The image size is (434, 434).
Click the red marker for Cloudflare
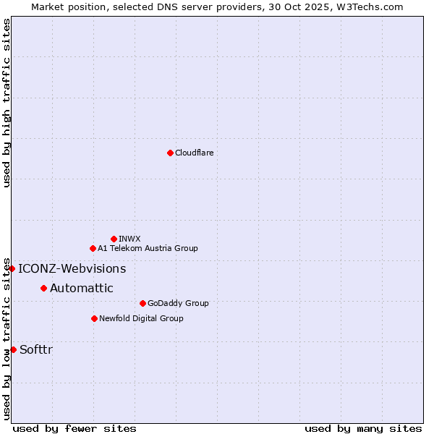tap(170, 153)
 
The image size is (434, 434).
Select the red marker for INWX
tap(114, 239)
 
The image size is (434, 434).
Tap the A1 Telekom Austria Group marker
tap(93, 248)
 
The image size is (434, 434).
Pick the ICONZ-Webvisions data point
tap(12, 268)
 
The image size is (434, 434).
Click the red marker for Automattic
tap(43, 288)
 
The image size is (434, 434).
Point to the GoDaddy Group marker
tap(142, 303)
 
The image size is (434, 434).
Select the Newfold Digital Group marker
tap(94, 318)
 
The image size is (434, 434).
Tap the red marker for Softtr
tap(13, 349)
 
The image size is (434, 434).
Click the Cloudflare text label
tap(194, 153)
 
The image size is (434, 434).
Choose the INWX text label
tap(129, 239)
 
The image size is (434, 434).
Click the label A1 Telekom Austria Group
tap(148, 248)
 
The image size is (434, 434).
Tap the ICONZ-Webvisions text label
tap(72, 269)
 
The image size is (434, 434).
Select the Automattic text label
tap(81, 289)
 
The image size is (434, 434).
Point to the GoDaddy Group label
tap(177, 303)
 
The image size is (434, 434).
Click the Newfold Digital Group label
tap(141, 318)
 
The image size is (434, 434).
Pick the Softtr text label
tap(36, 350)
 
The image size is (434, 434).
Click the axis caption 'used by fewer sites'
tap(75, 428)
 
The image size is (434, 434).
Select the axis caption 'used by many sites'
tap(363, 428)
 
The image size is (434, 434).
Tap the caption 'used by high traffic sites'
tap(7, 103)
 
